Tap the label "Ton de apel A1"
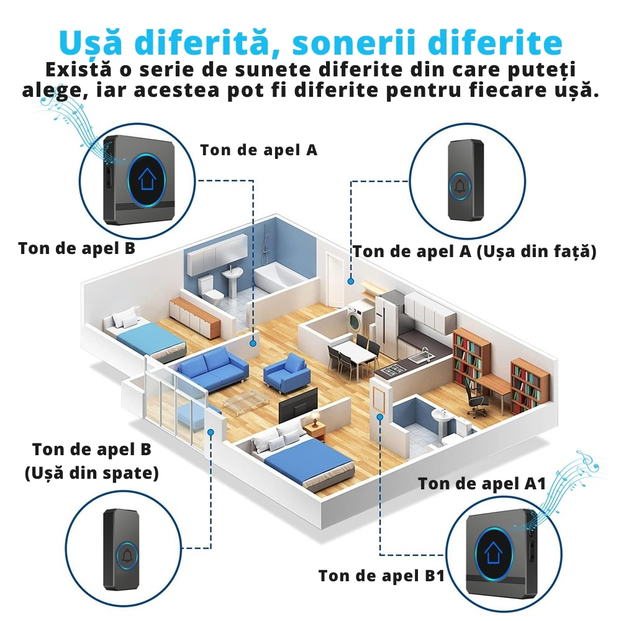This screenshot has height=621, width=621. click(x=481, y=483)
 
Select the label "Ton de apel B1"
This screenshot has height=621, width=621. click(x=381, y=576)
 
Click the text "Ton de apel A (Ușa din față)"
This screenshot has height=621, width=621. click(x=475, y=251)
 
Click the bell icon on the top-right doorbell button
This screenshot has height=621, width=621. click(x=461, y=186)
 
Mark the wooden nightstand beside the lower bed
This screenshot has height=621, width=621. click(x=315, y=430)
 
